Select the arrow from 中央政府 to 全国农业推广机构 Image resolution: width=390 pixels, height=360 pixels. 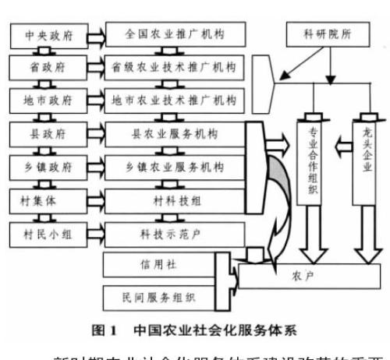click(x=93, y=36)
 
